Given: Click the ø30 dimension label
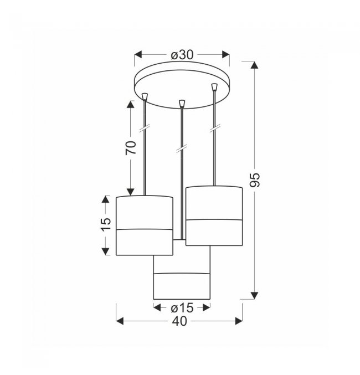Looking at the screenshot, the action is click(x=182, y=55).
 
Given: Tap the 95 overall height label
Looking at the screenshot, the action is click(x=254, y=180).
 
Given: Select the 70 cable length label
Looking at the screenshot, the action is click(x=131, y=148).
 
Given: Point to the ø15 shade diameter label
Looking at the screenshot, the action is click(x=182, y=308).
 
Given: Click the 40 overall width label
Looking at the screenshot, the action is click(x=179, y=321).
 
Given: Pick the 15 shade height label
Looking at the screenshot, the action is click(x=105, y=224).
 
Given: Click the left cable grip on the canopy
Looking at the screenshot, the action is click(x=145, y=96).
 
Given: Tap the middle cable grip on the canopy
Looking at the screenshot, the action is click(x=182, y=104).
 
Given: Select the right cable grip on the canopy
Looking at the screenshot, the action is click(x=214, y=87).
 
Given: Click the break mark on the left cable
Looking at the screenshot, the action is click(x=144, y=128).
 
